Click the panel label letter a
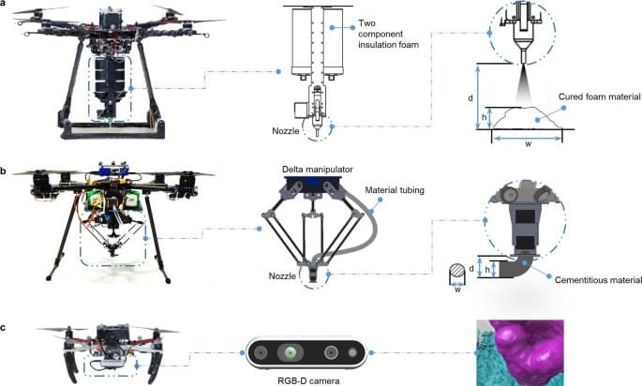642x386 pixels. tap(5, 6)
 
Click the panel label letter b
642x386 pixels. tap(5, 171)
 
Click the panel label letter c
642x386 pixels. tap(5, 329)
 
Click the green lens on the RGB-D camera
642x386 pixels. tap(291, 352)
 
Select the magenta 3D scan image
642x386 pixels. tap(525, 352)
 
